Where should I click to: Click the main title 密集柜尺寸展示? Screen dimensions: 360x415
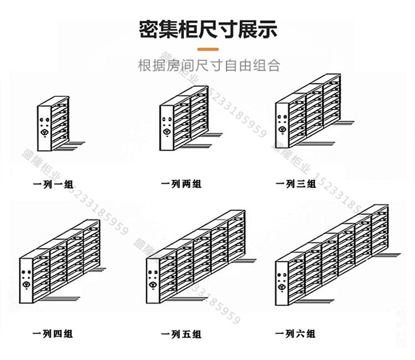point(207,29)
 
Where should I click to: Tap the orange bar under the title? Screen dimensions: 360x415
point(207,49)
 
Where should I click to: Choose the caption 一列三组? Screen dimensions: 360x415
point(295,184)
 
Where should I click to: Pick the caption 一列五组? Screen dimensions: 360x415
point(181,334)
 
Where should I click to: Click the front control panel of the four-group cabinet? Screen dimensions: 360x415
point(26,280)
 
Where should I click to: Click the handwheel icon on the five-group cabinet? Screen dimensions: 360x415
point(152,285)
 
